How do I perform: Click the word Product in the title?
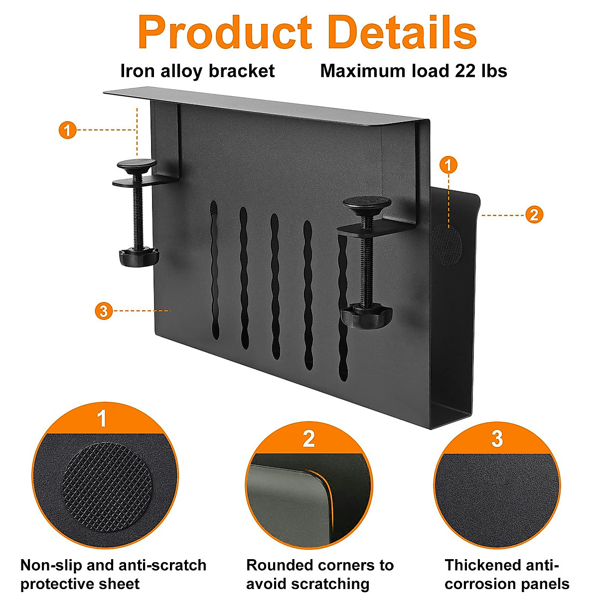[224, 32]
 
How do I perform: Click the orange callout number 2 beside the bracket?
[534, 215]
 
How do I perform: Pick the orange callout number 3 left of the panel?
[103, 311]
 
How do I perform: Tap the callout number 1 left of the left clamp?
[67, 131]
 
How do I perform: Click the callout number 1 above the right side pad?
[449, 164]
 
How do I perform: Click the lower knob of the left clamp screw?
[139, 257]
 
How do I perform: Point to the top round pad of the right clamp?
[366, 203]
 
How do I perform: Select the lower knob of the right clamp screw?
[367, 316]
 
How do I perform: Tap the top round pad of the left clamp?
[137, 164]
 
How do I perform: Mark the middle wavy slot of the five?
[275, 287]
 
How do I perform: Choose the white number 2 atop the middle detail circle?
[309, 439]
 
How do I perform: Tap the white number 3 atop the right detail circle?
[497, 439]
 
